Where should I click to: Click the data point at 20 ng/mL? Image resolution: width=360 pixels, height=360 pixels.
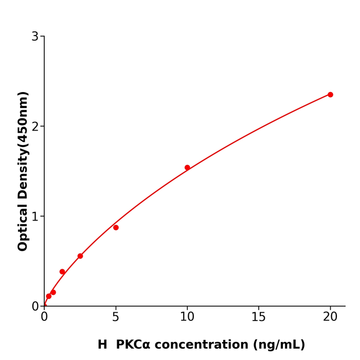(330, 95)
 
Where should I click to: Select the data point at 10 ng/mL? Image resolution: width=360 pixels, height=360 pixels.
(187, 168)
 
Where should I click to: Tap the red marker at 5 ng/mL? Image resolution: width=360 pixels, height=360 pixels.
(116, 227)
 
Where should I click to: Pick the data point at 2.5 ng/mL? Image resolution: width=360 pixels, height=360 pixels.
(80, 256)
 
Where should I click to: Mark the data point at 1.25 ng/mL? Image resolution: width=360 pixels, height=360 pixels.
(62, 272)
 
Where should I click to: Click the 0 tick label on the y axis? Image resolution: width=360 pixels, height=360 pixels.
(35, 306)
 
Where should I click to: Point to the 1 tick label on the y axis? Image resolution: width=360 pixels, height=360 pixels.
(35, 217)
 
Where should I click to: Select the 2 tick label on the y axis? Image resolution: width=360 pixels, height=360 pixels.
(35, 127)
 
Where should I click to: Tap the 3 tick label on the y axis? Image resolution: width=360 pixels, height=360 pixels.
(35, 37)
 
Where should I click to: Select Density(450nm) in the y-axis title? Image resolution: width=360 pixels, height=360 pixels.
(23, 146)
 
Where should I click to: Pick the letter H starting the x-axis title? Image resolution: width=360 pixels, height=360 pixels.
(102, 345)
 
